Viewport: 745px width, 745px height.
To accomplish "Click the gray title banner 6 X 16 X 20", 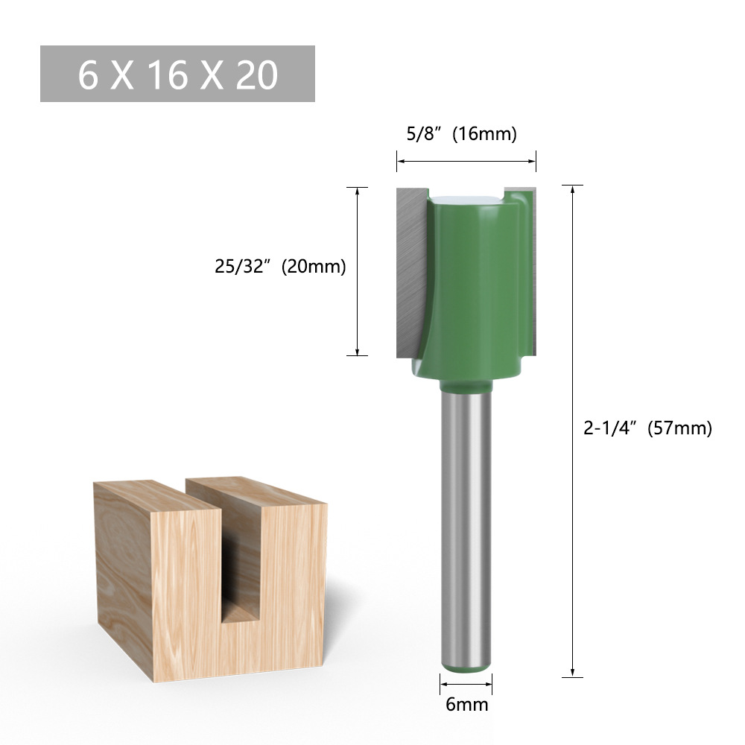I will pos(177,74).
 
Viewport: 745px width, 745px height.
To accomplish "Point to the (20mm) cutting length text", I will pos(314,267).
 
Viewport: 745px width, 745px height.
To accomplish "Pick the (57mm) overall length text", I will pos(679,428).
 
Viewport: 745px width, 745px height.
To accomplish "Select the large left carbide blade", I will pos(410,268).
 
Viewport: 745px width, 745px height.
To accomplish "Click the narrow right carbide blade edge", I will pos(530,268).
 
